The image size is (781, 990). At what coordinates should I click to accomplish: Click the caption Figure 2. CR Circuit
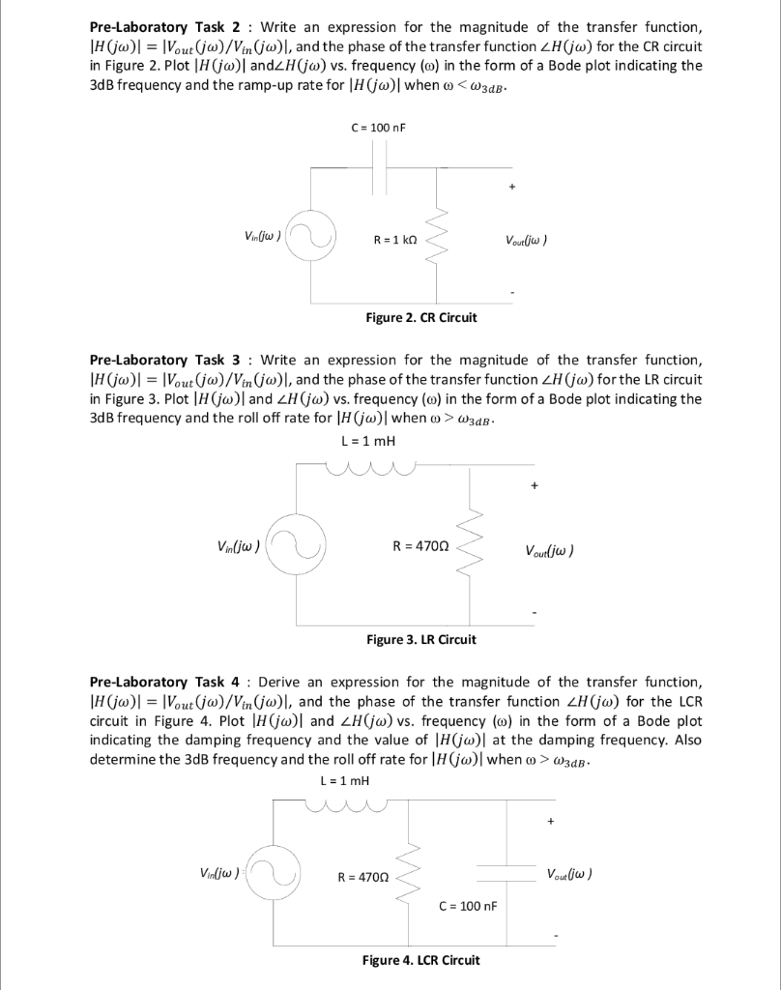pos(420,317)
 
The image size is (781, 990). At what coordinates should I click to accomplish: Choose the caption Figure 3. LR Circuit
pos(421,639)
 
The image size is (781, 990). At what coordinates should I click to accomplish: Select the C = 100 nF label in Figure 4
pos(468,906)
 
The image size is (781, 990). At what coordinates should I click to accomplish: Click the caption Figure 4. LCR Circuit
pos(420,959)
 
